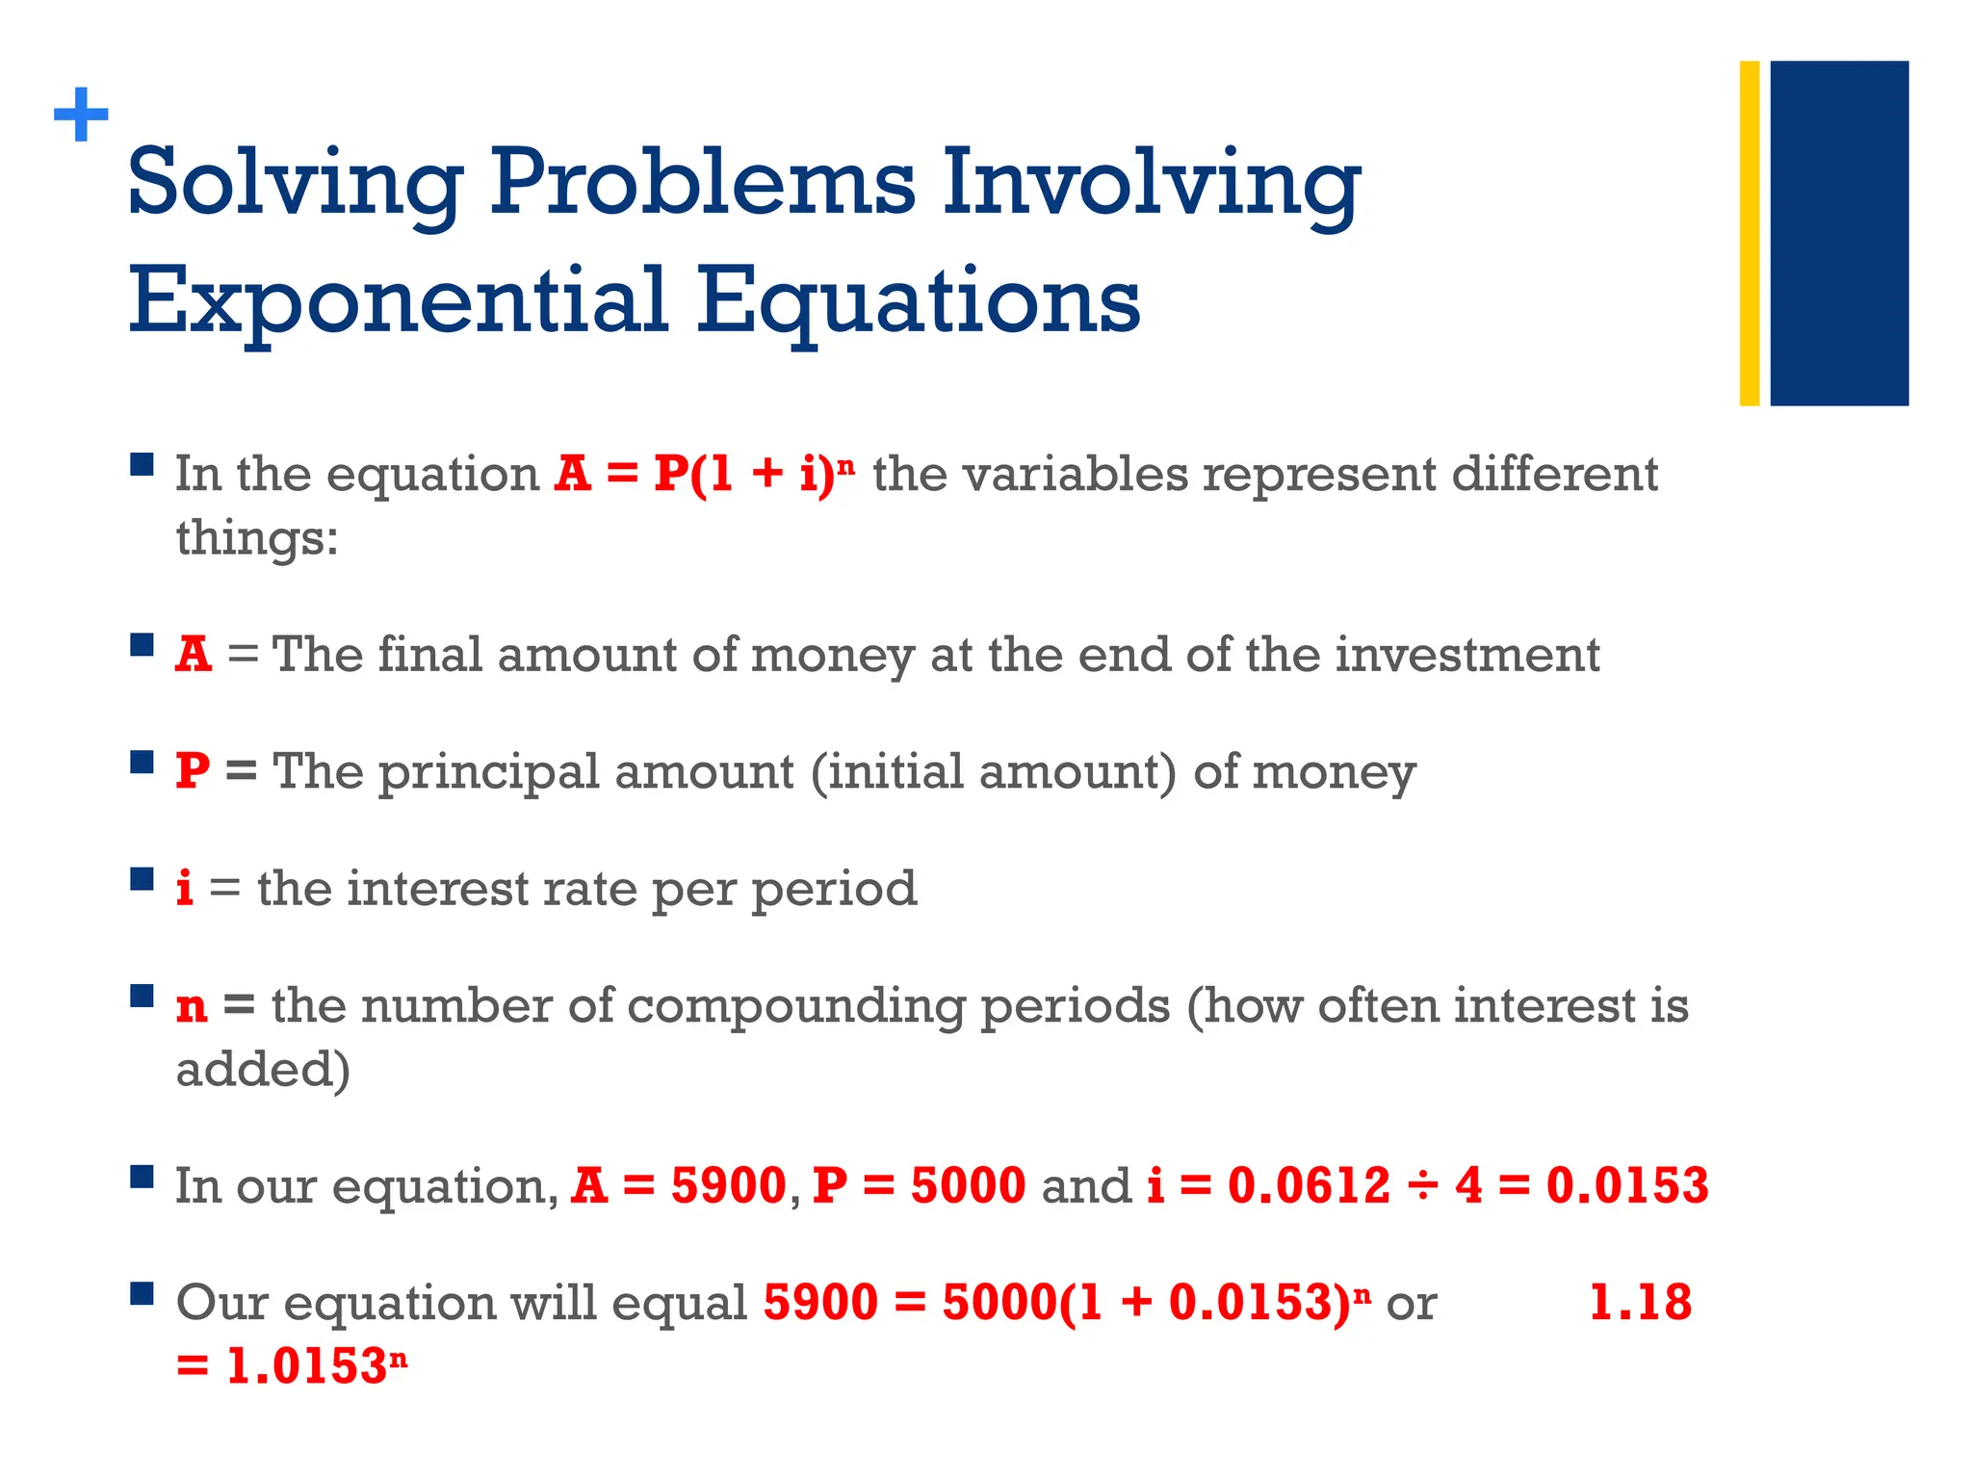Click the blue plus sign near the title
(81, 116)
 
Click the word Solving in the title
(296, 183)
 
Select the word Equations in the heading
(919, 300)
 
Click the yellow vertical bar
(1749, 233)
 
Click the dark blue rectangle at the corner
(1838, 233)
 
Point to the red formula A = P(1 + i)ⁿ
(704, 474)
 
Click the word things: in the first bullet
(256, 537)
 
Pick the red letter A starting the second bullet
(194, 655)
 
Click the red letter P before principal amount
(193, 771)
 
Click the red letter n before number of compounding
(192, 1007)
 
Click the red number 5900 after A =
(728, 1185)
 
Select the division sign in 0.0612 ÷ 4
(1422, 1185)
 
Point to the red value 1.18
(1639, 1303)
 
